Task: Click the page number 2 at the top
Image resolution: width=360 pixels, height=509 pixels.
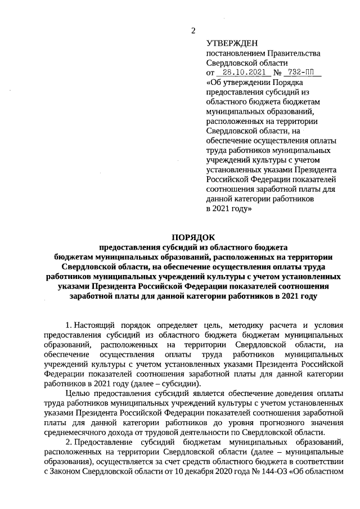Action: tap(193, 30)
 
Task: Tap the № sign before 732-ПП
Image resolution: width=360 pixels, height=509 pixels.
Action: tap(277, 73)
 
